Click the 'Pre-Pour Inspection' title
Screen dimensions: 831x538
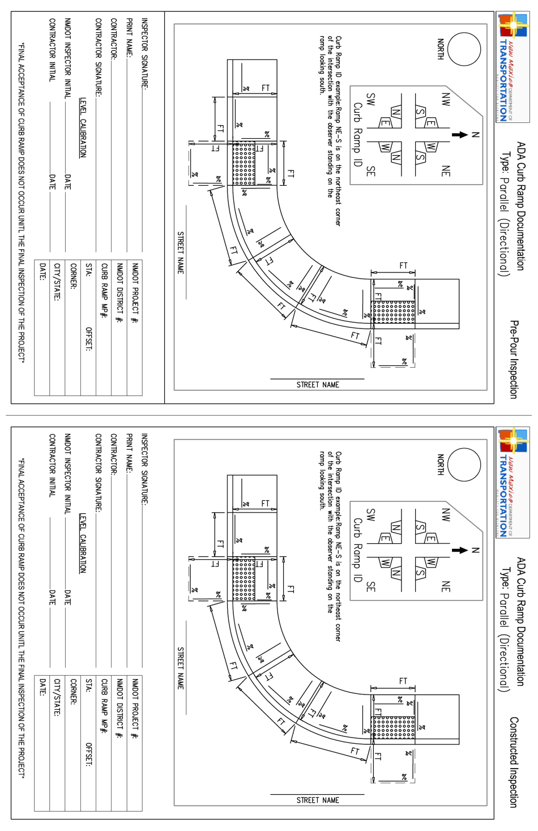click(x=514, y=359)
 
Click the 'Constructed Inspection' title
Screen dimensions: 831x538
click(x=514, y=762)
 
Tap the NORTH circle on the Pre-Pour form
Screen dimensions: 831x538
click(x=464, y=49)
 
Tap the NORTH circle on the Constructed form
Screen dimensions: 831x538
click(x=464, y=464)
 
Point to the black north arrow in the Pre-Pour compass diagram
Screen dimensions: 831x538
click(x=459, y=135)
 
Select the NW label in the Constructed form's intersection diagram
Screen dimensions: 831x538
click(x=446, y=514)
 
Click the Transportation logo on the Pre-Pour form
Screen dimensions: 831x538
click(x=513, y=67)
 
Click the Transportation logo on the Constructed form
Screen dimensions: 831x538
click(x=513, y=482)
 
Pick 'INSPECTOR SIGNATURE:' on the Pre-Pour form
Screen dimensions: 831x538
click(x=144, y=53)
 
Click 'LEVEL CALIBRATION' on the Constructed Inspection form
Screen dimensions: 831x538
click(x=83, y=543)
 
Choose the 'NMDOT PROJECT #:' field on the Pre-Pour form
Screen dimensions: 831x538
click(x=135, y=293)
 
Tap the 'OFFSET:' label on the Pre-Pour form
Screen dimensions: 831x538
click(x=88, y=339)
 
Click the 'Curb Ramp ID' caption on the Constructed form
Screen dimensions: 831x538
click(x=357, y=549)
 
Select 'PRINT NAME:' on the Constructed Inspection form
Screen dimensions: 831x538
click(x=129, y=453)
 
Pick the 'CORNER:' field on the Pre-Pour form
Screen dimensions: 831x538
click(x=73, y=276)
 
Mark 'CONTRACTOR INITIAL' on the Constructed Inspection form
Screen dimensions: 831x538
click(x=52, y=465)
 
